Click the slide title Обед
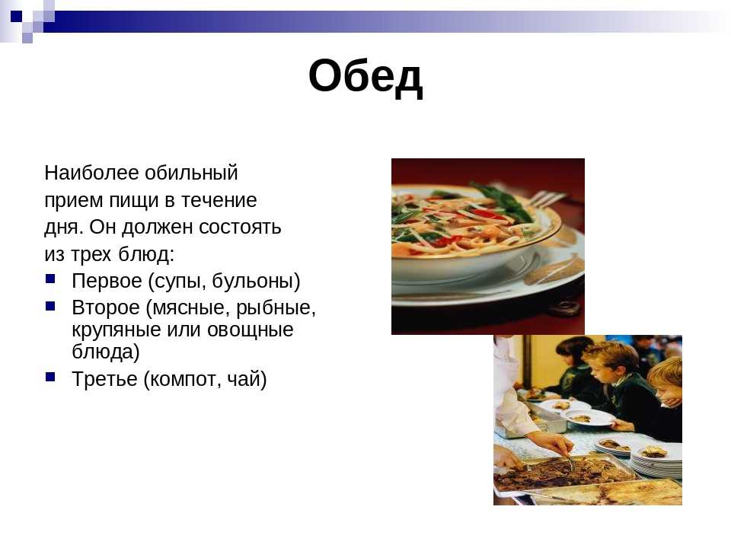click(365, 77)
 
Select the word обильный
click(191, 173)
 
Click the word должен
click(158, 228)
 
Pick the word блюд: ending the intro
click(146, 254)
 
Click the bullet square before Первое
click(50, 279)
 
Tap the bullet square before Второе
click(50, 306)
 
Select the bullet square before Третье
click(50, 377)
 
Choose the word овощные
click(251, 330)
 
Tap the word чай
click(247, 379)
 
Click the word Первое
click(107, 281)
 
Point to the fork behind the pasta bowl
click(550, 199)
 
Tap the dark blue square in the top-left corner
click(16, 16)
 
